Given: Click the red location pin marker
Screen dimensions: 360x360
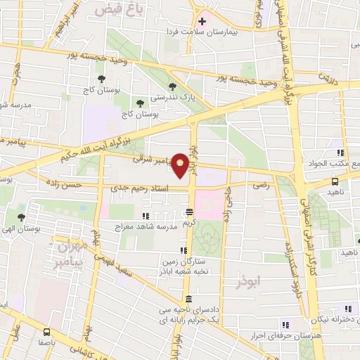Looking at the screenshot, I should [181, 166].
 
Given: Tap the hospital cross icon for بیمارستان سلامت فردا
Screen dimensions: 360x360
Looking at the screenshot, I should [202, 21].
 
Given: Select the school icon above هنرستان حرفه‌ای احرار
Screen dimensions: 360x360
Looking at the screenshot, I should [285, 324].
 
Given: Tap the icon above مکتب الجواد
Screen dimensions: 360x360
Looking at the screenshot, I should [340, 153].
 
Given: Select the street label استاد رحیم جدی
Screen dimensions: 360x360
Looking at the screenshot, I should [147, 188].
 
